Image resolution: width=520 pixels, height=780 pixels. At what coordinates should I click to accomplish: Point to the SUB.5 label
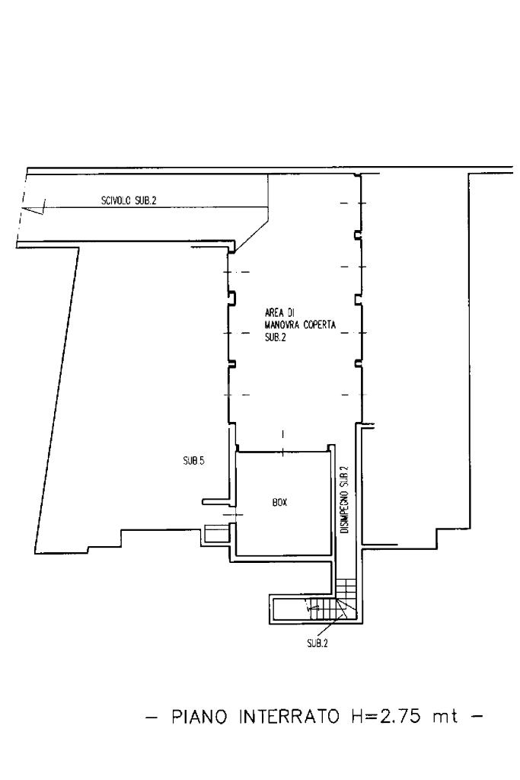[x=193, y=460]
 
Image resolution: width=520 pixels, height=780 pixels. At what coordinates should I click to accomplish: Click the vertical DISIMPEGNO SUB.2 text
[x=344, y=499]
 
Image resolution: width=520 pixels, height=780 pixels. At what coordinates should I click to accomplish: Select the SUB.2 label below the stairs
[x=317, y=643]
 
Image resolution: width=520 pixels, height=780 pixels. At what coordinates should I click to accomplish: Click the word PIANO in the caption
[x=200, y=718]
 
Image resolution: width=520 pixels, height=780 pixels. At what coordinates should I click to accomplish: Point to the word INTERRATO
[x=291, y=718]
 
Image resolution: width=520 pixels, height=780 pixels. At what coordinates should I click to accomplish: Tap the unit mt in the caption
[x=446, y=718]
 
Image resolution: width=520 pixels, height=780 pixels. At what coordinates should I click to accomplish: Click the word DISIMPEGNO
[x=344, y=510]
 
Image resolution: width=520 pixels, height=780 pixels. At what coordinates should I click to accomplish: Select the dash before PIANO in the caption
[x=156, y=718]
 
